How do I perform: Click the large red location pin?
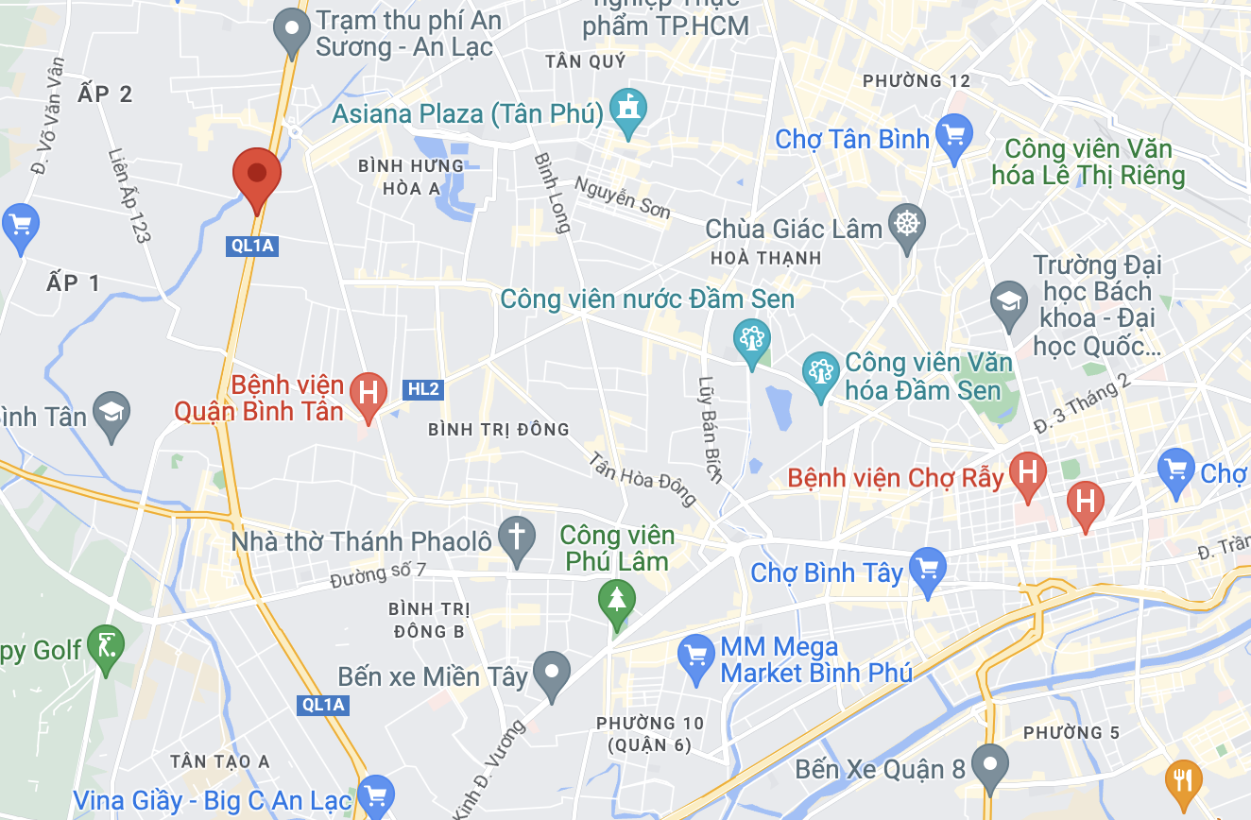point(257,176)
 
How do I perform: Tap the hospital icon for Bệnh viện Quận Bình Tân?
point(368,392)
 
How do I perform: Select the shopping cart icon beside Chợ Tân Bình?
point(954,136)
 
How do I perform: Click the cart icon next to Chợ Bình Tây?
point(927,569)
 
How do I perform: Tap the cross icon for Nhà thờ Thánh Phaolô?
point(517,538)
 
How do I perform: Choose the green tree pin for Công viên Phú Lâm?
point(617,600)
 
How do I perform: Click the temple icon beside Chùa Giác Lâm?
point(907,225)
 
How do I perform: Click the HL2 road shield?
point(423,389)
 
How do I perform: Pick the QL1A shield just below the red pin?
point(252,246)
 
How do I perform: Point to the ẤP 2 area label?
point(106,94)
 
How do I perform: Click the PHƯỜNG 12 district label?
point(916,81)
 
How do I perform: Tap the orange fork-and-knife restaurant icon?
point(1183,780)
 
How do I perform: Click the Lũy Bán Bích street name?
point(709,431)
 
